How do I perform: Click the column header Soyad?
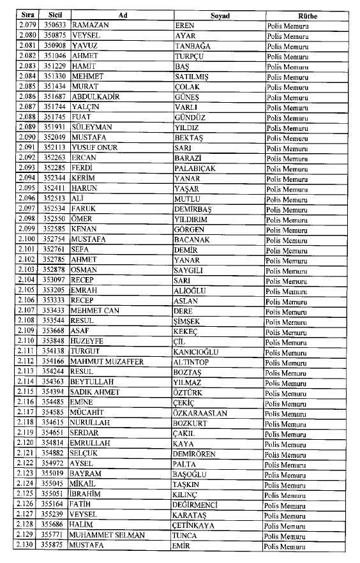click(219, 15)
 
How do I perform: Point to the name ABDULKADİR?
click(96, 97)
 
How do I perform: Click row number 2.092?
click(26, 158)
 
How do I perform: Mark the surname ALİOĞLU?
click(191, 290)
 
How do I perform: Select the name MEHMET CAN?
click(95, 311)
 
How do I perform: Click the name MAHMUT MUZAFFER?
click(107, 362)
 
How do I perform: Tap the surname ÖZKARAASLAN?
click(200, 413)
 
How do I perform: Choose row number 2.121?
click(26, 454)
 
